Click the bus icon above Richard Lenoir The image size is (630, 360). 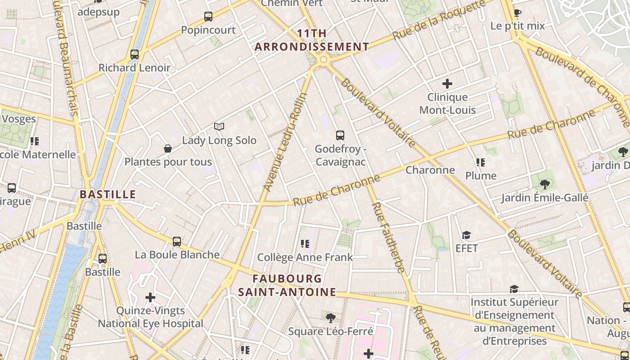point(134,54)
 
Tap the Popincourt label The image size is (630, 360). point(208,30)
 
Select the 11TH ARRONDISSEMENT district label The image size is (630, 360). point(312,40)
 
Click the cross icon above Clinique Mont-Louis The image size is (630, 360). point(447,84)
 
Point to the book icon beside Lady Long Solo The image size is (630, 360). point(219,127)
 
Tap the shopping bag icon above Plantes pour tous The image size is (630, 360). point(168,148)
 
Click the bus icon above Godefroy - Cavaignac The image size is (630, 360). point(340,135)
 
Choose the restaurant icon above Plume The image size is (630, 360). point(481,162)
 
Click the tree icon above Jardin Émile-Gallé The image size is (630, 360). point(544,184)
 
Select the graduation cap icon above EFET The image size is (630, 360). point(466,235)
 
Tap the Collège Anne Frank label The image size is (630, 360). point(305,257)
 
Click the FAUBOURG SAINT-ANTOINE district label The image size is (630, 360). point(287,285)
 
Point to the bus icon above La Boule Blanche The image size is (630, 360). point(177,242)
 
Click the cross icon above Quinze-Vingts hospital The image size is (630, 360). point(150,297)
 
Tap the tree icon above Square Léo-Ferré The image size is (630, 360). point(331,318)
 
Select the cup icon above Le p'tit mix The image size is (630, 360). point(517,13)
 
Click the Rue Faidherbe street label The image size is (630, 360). point(388,238)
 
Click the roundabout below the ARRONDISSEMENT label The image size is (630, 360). point(323,59)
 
